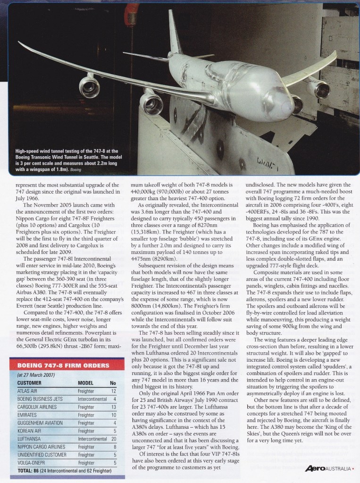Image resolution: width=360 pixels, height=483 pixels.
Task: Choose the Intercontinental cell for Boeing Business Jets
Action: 92,399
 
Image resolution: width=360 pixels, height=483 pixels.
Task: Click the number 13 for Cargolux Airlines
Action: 113,407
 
